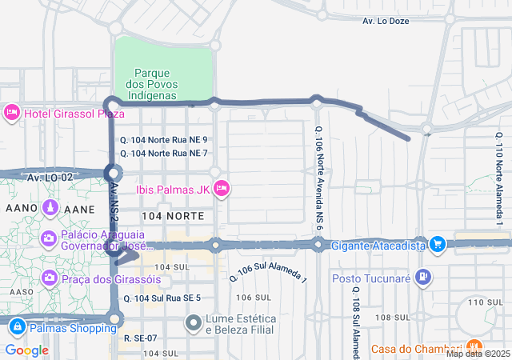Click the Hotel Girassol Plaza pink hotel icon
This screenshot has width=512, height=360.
12,113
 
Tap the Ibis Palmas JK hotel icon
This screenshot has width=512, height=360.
222,188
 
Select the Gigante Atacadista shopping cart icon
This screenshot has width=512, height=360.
437,245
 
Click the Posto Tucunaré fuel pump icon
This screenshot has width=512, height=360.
423,278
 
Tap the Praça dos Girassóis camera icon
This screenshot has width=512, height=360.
49,278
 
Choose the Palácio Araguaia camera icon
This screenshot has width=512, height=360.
49,238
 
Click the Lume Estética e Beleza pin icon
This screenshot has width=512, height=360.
193,323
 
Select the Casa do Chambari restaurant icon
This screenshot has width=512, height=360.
473,348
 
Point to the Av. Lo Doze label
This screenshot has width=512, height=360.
386,21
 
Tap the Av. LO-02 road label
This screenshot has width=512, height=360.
50,177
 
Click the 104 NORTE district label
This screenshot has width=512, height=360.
168,216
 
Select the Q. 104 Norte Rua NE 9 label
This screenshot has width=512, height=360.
163,139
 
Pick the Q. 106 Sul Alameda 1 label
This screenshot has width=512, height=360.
268,273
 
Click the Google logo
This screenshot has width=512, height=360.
26,350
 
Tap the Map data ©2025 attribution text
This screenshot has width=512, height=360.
477,354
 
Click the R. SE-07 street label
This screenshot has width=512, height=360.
140,338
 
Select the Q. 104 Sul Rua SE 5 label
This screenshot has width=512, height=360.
166,298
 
